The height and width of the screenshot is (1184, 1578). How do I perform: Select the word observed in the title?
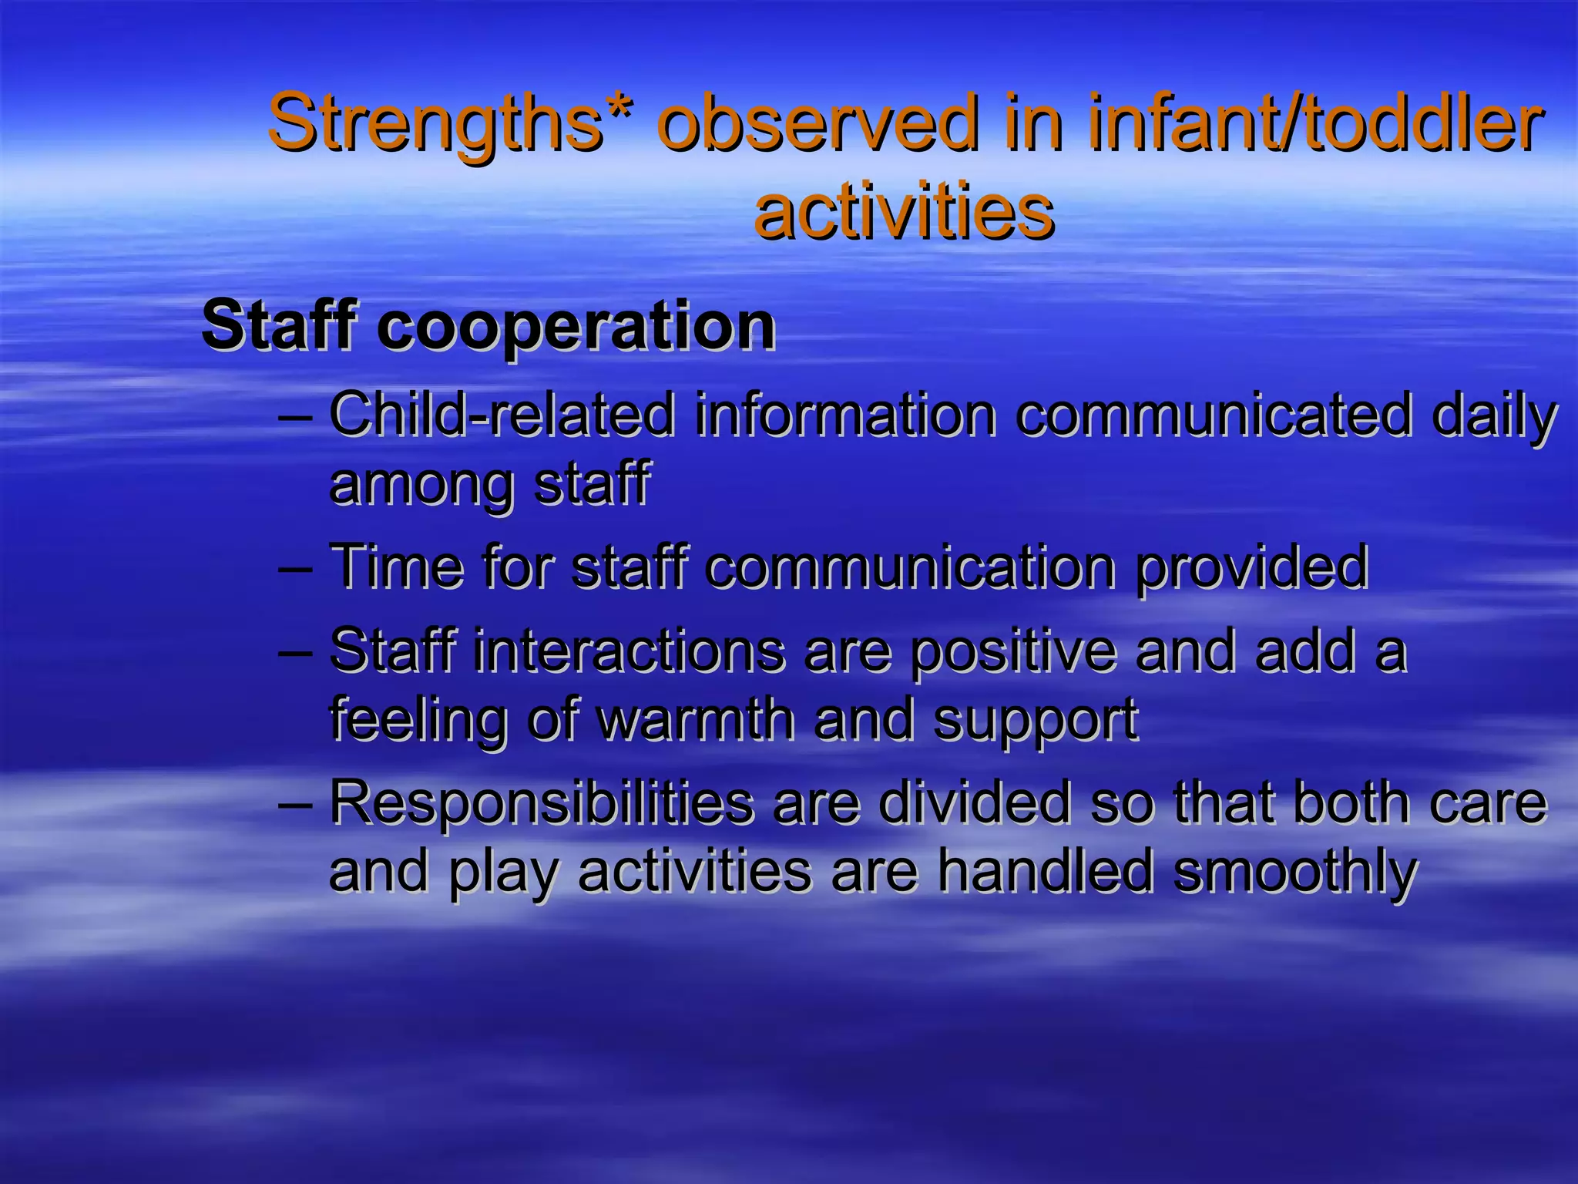[818, 123]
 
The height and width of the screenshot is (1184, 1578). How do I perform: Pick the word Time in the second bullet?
[396, 567]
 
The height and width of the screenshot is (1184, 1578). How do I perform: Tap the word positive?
[1012, 652]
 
